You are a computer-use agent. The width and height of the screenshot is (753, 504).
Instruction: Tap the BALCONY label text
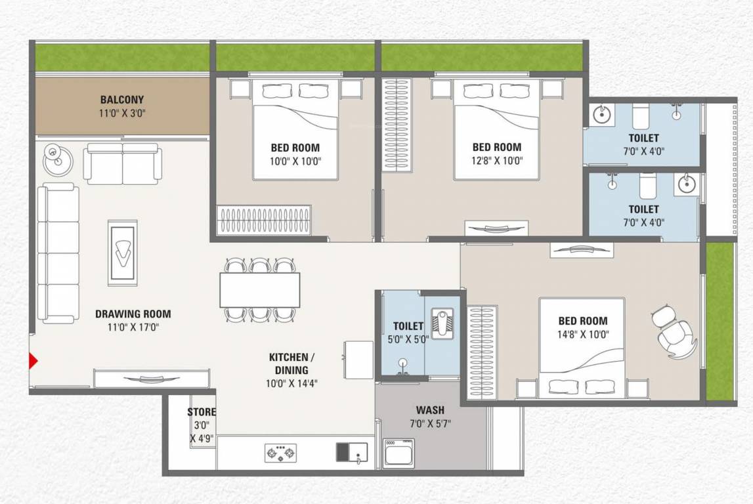click(x=122, y=100)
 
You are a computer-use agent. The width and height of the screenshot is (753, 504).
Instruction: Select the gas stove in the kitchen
click(x=280, y=453)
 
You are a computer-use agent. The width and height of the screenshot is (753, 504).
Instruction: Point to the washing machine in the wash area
click(x=399, y=452)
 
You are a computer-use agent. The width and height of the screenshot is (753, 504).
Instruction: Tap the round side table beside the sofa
click(x=57, y=158)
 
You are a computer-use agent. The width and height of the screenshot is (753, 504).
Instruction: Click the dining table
click(x=259, y=289)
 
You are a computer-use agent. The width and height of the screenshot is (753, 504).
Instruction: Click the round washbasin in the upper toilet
click(x=601, y=114)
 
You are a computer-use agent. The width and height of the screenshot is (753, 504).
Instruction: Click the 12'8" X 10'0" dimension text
click(x=496, y=160)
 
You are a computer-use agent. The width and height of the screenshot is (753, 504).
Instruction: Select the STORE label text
click(x=202, y=412)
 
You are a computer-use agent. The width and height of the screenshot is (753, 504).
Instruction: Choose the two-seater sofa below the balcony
click(x=122, y=164)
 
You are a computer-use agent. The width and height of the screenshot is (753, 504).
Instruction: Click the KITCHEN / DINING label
click(x=292, y=364)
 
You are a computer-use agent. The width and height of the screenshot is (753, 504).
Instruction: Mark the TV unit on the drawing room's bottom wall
click(x=152, y=379)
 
